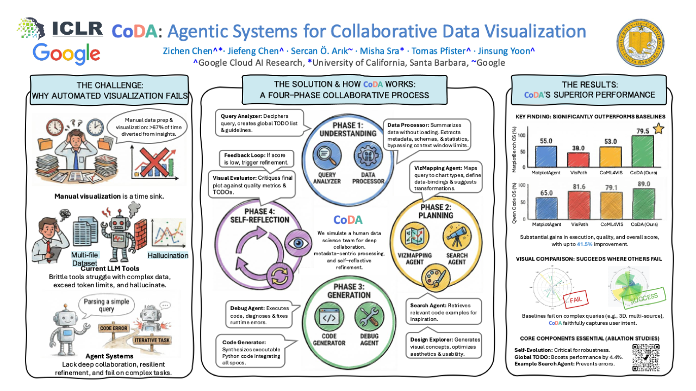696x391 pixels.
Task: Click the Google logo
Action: [x=66, y=53]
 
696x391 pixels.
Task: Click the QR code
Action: [x=646, y=358]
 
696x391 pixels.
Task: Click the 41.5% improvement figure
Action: [x=596, y=244]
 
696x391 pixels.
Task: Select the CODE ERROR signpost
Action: [x=113, y=329]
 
